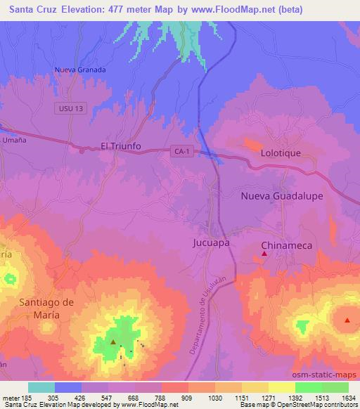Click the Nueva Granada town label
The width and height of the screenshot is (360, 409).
80,70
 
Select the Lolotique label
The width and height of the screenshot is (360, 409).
281,152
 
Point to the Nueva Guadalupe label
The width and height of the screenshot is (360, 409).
282,196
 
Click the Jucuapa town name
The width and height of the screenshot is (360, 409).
211,243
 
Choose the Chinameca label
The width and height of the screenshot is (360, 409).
286,245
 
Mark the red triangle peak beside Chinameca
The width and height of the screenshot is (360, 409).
264,254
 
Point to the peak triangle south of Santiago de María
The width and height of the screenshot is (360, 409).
112,342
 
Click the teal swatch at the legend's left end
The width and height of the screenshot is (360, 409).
41,387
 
